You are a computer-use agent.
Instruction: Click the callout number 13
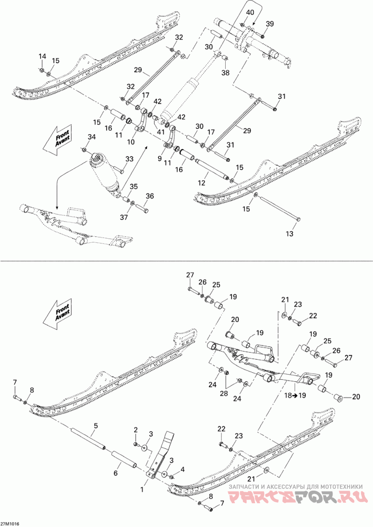pos(290,234)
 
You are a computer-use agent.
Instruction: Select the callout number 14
pos(42,56)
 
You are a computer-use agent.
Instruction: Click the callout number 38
pos(226,73)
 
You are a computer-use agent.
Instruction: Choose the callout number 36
pos(150,196)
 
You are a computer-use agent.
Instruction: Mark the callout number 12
pos(201,184)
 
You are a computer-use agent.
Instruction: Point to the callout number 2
pos(136,429)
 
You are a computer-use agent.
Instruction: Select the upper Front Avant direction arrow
pos(56,137)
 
